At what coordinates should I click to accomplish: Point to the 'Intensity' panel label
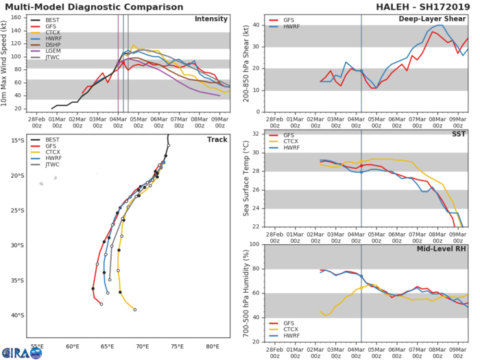click(x=212, y=19)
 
